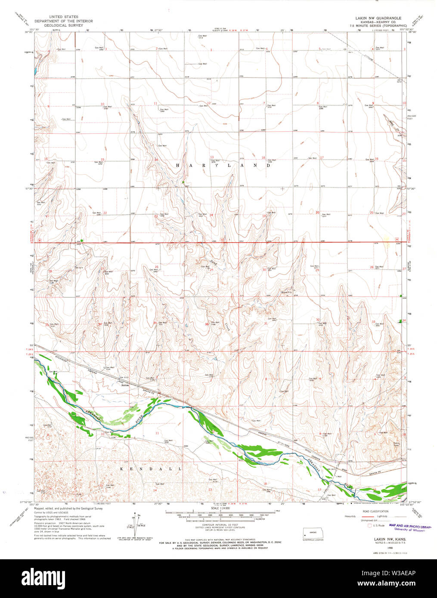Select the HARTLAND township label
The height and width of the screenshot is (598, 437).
[x=223, y=165]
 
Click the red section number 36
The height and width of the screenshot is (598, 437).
[x=207, y=324]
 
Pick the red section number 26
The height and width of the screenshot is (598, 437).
[x=157, y=267]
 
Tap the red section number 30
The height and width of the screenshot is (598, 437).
[x=264, y=270]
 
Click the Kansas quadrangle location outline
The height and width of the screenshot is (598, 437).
[x=313, y=532]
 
